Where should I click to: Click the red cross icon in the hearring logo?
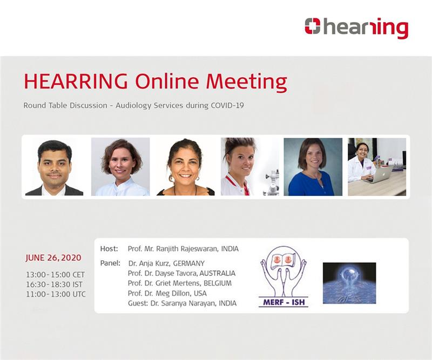pos(313,26)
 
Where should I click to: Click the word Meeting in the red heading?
pos(247,81)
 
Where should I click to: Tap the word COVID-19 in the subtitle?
pos(227,105)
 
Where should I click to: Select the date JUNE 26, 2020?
pos(53,258)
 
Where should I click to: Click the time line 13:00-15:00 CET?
pos(56,275)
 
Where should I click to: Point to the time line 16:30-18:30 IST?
pos(54,284)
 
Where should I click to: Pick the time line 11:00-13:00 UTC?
pos(56,294)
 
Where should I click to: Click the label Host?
pos(109,249)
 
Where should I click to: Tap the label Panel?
pos(110,263)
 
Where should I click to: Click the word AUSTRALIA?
pos(218,273)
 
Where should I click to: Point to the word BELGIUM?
pos(218,283)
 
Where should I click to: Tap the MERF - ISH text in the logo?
pos(284,302)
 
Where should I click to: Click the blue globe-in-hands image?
pos(349,283)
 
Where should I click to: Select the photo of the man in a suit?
pos(55,167)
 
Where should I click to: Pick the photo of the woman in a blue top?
pos(313,167)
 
